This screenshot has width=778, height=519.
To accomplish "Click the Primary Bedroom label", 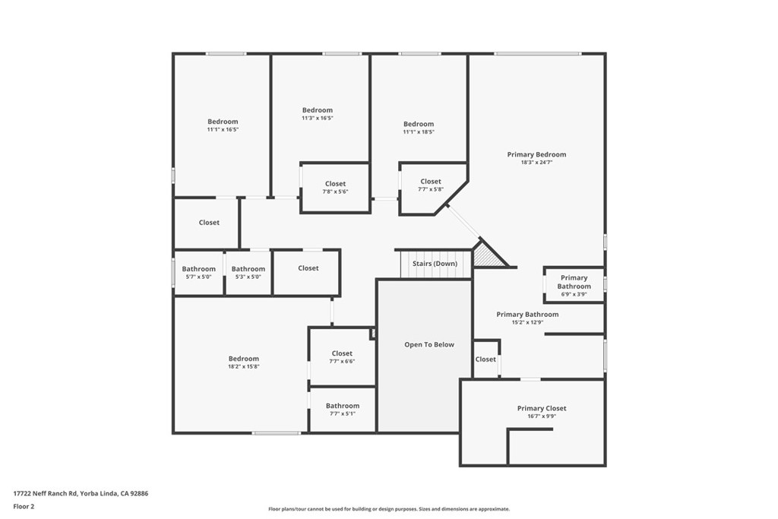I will (x=536, y=154).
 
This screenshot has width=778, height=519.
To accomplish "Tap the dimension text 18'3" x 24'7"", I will (x=536, y=163).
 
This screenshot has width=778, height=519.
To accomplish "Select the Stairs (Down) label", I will (x=435, y=264).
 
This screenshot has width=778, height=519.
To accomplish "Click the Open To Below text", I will (x=429, y=344).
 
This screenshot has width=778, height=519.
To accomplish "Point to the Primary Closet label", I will (x=542, y=408).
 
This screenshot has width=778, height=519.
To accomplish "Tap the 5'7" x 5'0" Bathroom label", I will (x=198, y=269).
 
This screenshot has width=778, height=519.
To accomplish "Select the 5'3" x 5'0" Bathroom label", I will (x=248, y=269).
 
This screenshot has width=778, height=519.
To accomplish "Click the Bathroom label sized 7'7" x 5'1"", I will (x=343, y=406).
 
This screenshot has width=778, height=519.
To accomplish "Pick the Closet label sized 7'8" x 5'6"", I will (x=335, y=184).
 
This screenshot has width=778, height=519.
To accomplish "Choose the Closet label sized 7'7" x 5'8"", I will (x=431, y=182).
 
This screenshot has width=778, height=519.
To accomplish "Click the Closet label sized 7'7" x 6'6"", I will (x=342, y=353).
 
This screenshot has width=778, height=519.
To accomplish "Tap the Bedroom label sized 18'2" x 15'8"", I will (x=244, y=359).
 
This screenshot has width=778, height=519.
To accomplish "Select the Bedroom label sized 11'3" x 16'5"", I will (x=318, y=110).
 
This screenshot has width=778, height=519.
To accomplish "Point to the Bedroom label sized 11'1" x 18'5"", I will (x=419, y=124).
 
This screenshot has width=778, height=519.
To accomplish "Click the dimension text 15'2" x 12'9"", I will (x=527, y=322).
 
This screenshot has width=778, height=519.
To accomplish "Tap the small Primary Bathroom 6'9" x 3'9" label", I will (x=574, y=282).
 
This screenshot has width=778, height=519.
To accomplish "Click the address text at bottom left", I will (x=81, y=493).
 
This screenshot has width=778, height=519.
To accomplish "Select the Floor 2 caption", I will (x=24, y=506).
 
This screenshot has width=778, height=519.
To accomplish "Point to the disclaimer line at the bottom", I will (x=389, y=509).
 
